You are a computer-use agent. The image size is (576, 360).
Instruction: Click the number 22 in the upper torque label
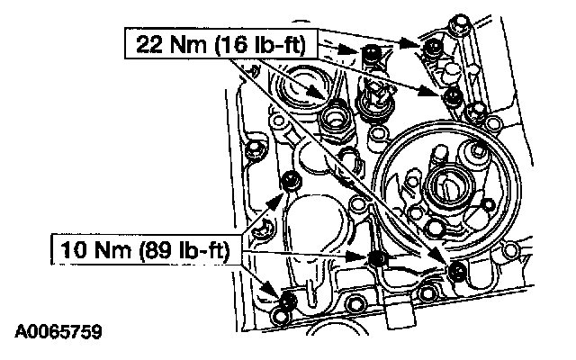[149, 44]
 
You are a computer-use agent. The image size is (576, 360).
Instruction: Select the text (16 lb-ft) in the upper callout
[260, 45]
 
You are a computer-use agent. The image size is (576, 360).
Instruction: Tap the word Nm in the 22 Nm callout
[188, 44]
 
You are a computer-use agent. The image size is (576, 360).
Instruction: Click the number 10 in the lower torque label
[73, 250]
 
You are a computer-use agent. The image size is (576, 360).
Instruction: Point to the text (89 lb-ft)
[184, 250]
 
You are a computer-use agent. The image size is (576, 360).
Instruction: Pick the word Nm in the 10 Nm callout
[112, 250]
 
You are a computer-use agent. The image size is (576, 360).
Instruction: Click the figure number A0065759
[58, 331]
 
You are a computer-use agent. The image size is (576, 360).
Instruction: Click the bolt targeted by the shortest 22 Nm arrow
[372, 52]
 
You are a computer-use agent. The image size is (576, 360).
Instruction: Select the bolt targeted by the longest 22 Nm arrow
[457, 271]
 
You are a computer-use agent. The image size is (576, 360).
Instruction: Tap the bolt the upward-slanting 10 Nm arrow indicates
[292, 181]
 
